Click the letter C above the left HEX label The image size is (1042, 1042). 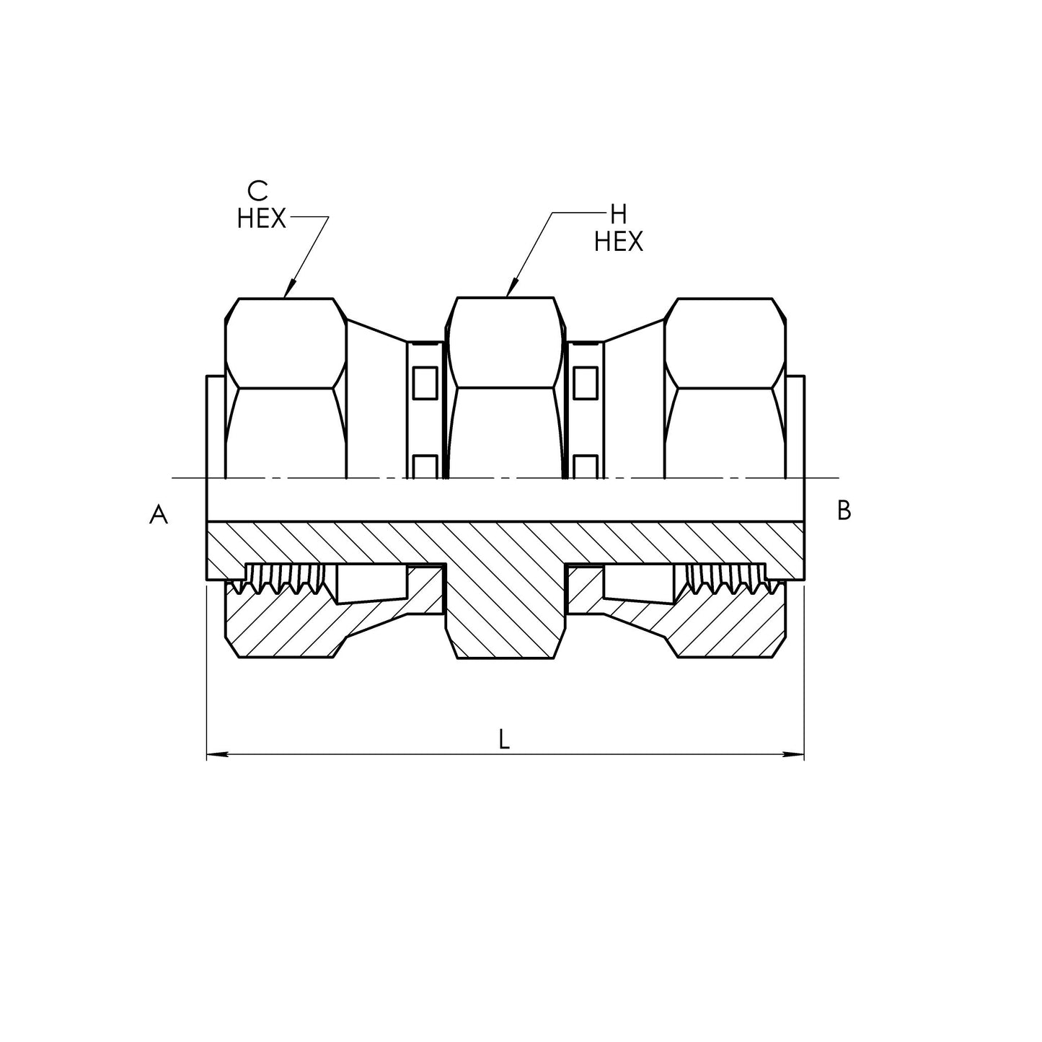point(257,191)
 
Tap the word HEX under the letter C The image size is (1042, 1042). point(261,219)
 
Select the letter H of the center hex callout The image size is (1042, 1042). point(618,215)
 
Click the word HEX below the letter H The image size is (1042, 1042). point(619,242)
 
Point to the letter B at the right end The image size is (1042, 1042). point(844,511)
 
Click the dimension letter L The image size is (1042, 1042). point(504,740)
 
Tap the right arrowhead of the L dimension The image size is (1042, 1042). point(795,754)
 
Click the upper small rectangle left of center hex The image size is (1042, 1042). point(425,384)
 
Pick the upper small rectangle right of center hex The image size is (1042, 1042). point(585,384)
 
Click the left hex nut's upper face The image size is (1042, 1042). point(286,343)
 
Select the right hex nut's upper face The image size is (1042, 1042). point(725,343)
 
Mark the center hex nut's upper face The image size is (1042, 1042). point(505,343)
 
